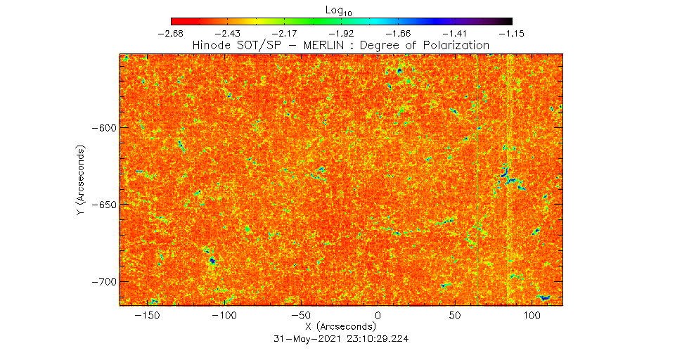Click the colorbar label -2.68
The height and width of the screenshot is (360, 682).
pyautogui.click(x=171, y=33)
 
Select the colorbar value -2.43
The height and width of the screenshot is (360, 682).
pyautogui.click(x=228, y=33)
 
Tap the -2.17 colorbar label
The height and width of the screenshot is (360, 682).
pyautogui.click(x=285, y=33)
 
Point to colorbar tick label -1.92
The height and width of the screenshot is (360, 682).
pyautogui.click(x=342, y=33)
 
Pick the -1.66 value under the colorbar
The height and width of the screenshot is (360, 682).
pyautogui.click(x=398, y=33)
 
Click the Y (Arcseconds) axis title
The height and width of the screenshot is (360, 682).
pyautogui.click(x=82, y=181)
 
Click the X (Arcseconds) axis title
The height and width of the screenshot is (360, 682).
pyautogui.click(x=341, y=327)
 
